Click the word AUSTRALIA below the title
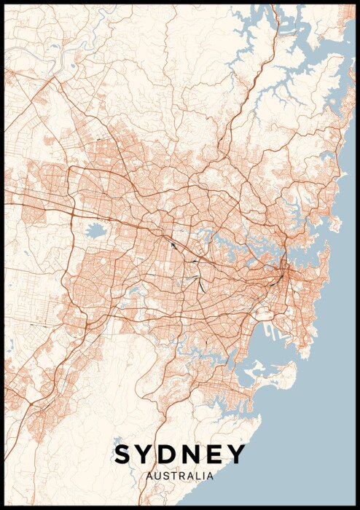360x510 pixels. point(180,476)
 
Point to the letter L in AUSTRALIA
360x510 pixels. point(199,476)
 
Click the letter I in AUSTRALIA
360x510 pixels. point(205,476)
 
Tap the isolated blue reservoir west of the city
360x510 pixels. point(95,232)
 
